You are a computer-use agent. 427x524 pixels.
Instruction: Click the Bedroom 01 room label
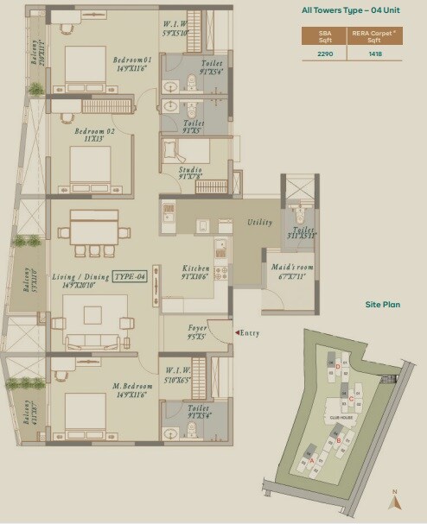point(132,60)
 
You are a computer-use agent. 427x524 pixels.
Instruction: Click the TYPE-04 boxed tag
point(131,276)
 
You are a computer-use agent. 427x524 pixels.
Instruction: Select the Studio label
point(190,170)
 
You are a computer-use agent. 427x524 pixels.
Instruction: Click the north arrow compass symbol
point(394,499)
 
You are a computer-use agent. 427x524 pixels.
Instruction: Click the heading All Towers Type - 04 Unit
point(351,10)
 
